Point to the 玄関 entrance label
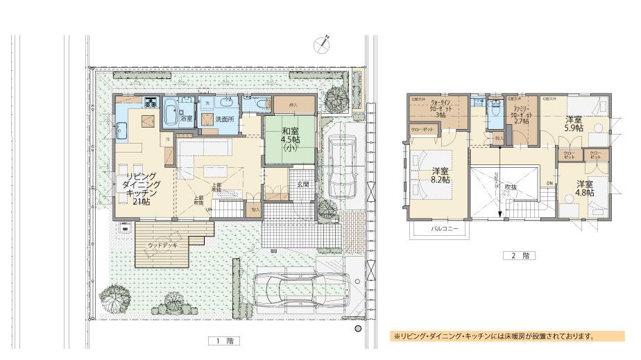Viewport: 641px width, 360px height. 303,185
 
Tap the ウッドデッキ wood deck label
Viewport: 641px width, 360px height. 162,246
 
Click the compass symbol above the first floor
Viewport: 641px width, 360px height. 320,44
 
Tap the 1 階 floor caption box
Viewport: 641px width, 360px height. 217,341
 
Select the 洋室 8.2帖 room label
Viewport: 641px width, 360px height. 441,175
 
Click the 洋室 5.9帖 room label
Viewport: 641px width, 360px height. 574,123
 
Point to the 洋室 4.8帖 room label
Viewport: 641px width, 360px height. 585,189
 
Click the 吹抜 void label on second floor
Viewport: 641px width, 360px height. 511,187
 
